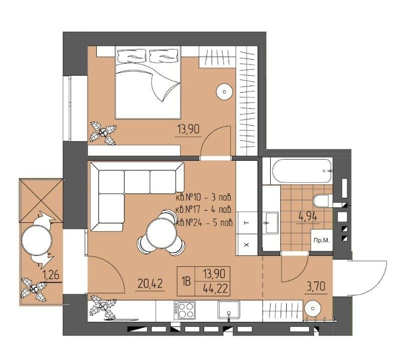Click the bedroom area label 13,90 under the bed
(188, 129)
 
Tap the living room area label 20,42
(150, 283)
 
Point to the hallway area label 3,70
(316, 286)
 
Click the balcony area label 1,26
(51, 275)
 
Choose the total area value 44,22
(215, 288)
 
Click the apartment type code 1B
(186, 281)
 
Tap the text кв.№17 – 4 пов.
(205, 210)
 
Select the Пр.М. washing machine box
(321, 240)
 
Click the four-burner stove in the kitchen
(184, 310)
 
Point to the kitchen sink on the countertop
(229, 310)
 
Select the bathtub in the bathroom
(302, 171)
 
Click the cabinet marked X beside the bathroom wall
(247, 245)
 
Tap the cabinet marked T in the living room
(247, 223)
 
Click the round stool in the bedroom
(225, 92)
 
